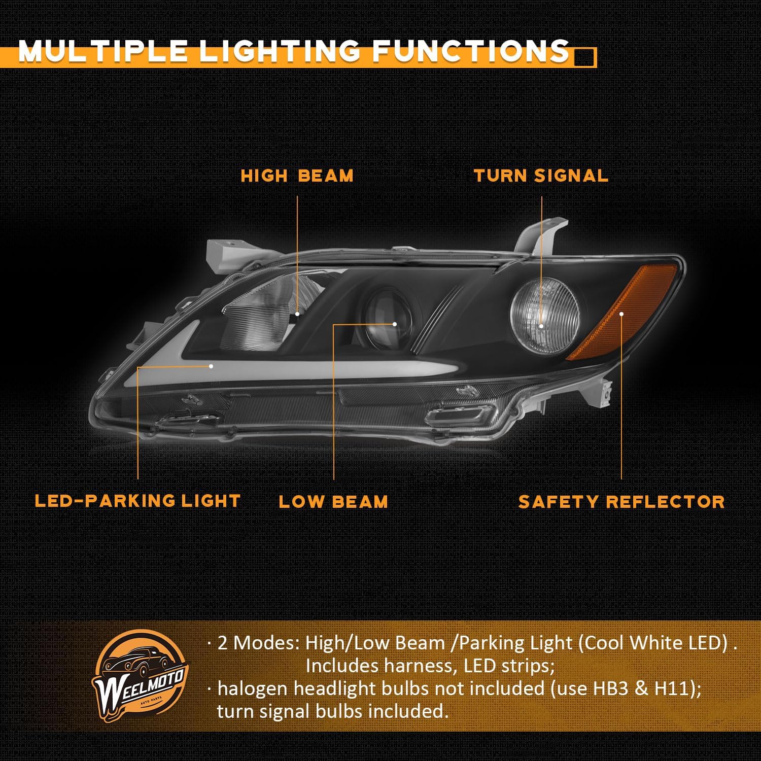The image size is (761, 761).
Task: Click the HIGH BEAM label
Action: coord(297,176)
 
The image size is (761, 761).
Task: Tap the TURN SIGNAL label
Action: coord(541,176)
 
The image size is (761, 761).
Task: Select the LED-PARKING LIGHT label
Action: coord(137,501)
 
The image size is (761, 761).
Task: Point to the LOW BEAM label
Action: coord(333,502)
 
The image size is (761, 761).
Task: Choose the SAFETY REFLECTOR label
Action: coord(621,502)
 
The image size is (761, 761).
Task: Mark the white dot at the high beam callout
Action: coord(297,314)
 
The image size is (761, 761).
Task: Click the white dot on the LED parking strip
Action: coord(211,365)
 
